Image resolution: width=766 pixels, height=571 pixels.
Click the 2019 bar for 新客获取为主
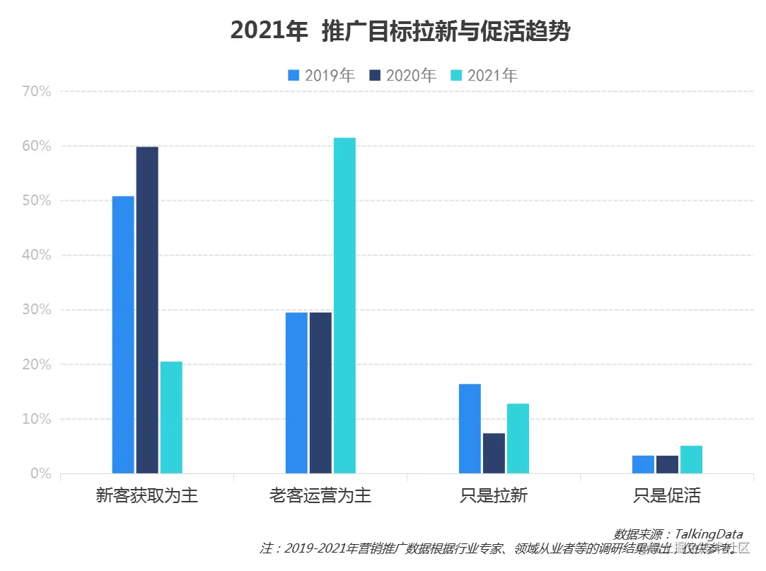click(x=123, y=334)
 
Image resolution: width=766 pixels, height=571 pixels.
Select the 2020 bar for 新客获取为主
click(x=147, y=309)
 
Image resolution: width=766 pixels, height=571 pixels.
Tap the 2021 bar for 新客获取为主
click(x=171, y=417)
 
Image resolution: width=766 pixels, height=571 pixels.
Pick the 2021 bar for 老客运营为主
click(x=344, y=305)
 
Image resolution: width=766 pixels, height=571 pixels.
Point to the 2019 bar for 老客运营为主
click(x=296, y=392)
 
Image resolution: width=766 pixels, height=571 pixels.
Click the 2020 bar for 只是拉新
click(x=494, y=453)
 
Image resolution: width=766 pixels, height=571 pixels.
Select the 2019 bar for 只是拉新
click(x=470, y=428)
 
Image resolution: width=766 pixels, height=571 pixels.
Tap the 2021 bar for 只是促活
click(x=691, y=459)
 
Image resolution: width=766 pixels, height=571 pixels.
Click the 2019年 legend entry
click(x=321, y=75)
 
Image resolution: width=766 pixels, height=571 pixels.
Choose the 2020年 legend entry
click(x=402, y=75)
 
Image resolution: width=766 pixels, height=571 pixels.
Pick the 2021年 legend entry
click(x=484, y=75)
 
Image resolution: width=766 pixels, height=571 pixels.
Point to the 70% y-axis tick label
click(x=37, y=91)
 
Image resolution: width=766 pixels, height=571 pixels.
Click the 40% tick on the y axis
click(x=37, y=255)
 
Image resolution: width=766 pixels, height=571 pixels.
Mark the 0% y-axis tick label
click(x=40, y=473)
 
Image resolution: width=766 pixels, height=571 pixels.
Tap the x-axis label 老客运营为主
click(x=320, y=495)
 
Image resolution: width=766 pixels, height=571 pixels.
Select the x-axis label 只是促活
click(x=667, y=495)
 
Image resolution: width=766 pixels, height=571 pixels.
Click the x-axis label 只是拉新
click(x=494, y=495)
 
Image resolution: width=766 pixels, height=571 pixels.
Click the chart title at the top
click(x=400, y=31)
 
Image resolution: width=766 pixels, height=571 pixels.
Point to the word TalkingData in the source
click(x=708, y=533)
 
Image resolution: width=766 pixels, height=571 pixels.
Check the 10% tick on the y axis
click(x=37, y=419)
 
